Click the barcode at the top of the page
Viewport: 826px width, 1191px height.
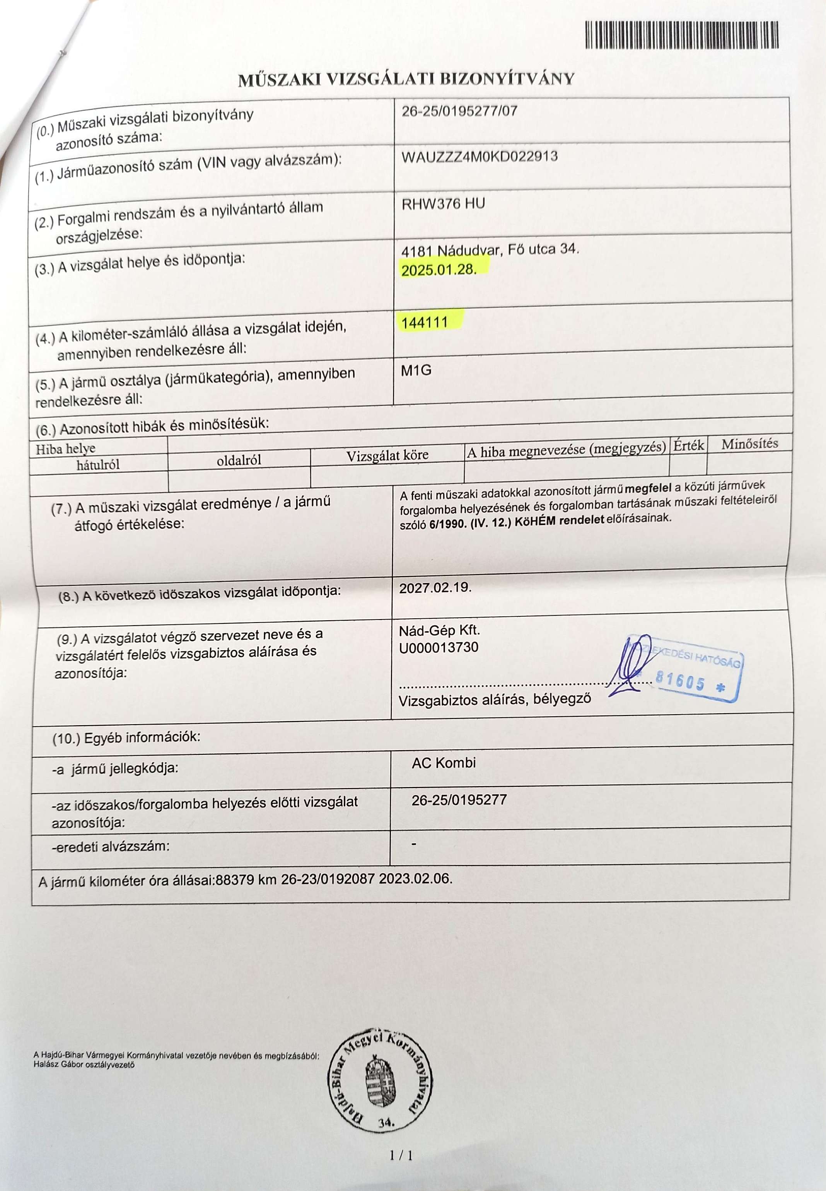pos(682,35)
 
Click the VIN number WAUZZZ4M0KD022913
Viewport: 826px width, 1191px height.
pos(479,156)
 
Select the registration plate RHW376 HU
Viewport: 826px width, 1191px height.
pos(443,204)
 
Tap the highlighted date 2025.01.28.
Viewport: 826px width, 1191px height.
pos(438,270)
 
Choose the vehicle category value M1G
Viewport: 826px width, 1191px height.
pos(416,370)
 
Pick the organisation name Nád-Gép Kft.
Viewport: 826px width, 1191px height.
pos(439,631)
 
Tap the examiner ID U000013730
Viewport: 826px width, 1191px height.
pos(439,647)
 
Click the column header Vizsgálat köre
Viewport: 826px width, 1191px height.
pos(387,455)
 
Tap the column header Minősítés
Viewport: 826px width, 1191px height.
pos(749,444)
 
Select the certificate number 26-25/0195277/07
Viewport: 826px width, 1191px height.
pos(459,111)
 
